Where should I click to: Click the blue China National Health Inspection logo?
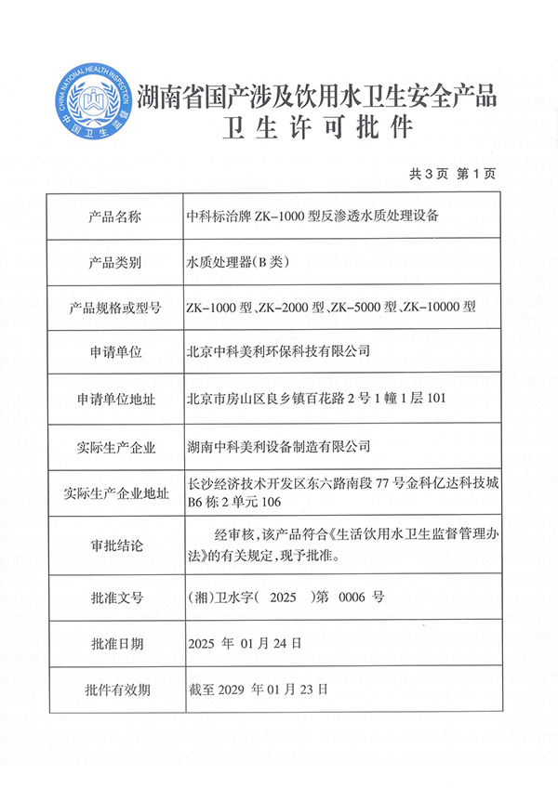(x=90, y=100)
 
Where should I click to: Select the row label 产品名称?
(x=116, y=217)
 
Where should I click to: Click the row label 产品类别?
(x=116, y=263)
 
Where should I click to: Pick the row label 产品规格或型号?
(x=116, y=308)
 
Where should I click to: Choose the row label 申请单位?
(x=116, y=352)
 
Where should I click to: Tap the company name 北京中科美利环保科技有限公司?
(x=279, y=352)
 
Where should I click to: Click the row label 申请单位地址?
(x=116, y=399)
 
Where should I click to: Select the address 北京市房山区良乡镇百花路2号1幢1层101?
(x=318, y=399)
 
